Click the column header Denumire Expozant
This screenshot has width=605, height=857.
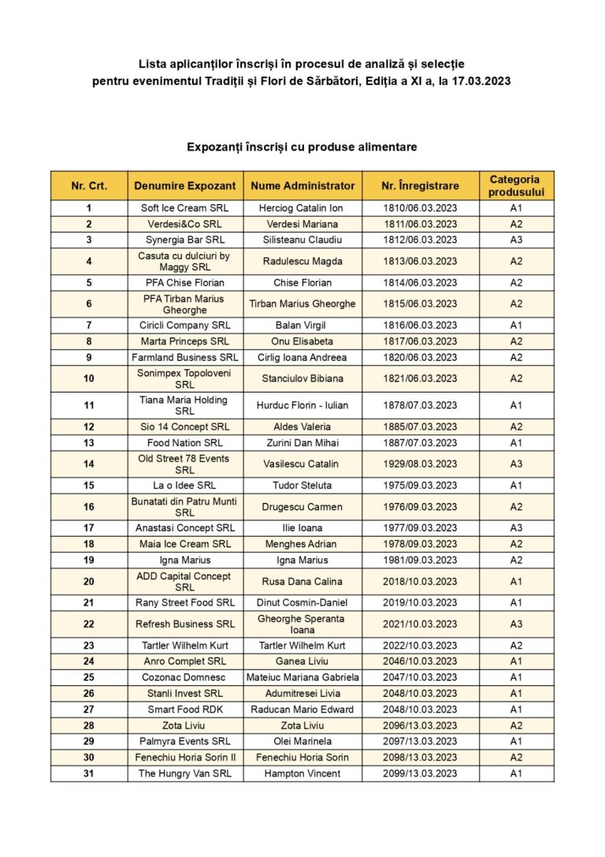click(x=184, y=186)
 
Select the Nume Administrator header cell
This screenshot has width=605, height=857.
click(x=302, y=186)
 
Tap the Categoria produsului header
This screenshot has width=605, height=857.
click(x=515, y=186)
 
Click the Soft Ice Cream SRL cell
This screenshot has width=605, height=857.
click(x=184, y=208)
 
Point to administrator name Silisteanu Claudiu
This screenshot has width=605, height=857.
click(x=302, y=240)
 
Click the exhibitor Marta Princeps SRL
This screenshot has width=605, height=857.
click(x=184, y=341)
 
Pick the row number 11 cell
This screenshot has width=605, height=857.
click(x=89, y=405)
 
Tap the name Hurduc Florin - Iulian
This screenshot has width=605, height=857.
click(x=302, y=405)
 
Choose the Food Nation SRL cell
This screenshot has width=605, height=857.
click(x=184, y=443)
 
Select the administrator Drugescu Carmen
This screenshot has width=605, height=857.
click(x=302, y=507)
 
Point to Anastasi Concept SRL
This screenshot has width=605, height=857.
click(x=184, y=528)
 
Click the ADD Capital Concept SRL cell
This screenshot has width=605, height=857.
click(x=184, y=581)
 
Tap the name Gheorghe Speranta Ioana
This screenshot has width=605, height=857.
click(x=302, y=624)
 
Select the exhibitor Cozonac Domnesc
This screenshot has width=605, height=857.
click(x=184, y=677)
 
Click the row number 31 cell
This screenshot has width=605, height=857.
click(x=89, y=773)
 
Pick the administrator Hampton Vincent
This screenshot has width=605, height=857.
click(x=302, y=773)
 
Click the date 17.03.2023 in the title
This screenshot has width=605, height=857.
click(x=481, y=80)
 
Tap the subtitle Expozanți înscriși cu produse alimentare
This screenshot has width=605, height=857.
click(x=302, y=147)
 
